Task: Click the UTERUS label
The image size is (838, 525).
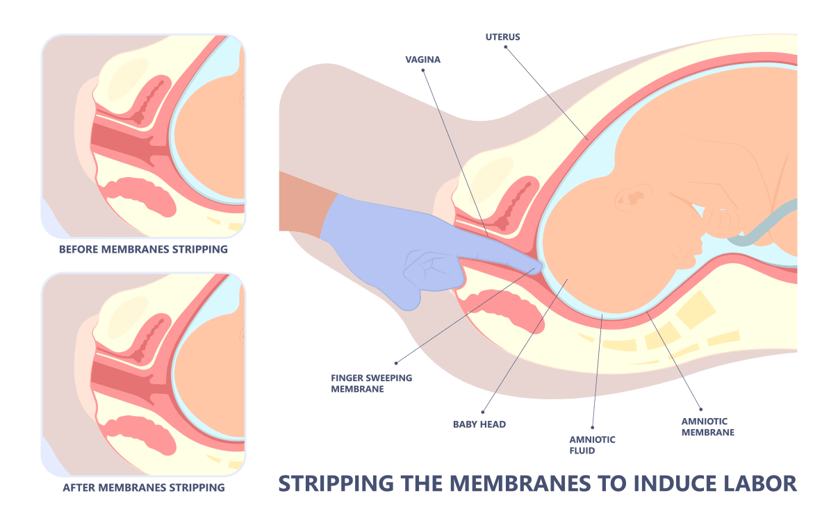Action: [502, 35]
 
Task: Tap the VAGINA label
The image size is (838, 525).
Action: [423, 60]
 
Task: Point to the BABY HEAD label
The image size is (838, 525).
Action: [480, 424]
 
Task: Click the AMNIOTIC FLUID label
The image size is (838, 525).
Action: [592, 444]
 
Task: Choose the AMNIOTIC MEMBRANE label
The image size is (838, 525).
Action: [707, 426]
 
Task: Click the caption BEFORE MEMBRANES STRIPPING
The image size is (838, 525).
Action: [143, 249]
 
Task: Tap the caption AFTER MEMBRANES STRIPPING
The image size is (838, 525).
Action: [144, 487]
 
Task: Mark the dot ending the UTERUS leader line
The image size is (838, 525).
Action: [507, 47]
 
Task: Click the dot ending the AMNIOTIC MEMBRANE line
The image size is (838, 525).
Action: [700, 409]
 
